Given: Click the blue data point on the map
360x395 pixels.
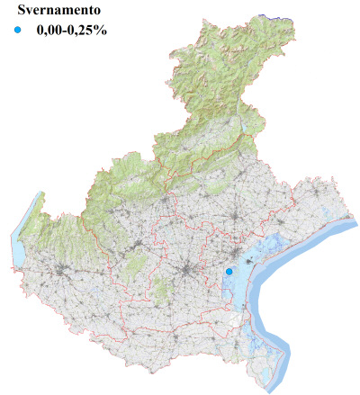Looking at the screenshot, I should [229, 271].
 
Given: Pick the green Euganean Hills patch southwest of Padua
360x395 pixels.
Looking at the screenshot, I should [162, 290].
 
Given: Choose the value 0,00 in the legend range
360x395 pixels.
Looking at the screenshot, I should [51, 31].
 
